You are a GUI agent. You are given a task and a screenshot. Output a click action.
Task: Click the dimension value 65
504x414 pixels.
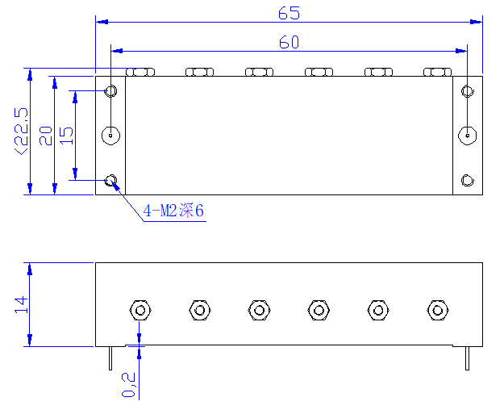289,13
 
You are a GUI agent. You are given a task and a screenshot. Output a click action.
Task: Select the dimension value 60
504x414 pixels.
289,42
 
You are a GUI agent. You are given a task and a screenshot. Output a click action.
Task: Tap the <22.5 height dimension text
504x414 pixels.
21,132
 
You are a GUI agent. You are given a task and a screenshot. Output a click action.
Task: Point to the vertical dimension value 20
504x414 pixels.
46,136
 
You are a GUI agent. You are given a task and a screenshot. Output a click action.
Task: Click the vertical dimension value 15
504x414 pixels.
67,136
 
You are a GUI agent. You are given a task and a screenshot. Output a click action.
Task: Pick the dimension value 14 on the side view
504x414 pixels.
21,305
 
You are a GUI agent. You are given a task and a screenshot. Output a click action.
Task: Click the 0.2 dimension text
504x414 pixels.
128,385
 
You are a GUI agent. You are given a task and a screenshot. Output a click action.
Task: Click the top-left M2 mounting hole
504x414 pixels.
111,91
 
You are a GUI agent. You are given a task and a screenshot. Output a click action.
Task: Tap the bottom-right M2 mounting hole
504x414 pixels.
468,180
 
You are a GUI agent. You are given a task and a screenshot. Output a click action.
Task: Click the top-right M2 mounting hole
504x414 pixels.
468,91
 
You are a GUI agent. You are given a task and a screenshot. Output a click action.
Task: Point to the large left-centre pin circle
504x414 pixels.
111,136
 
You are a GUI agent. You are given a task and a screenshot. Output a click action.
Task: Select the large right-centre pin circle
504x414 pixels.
468,136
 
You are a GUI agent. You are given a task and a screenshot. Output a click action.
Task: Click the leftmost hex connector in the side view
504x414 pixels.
140,311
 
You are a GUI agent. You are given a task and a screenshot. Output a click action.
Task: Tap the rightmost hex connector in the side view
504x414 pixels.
437,311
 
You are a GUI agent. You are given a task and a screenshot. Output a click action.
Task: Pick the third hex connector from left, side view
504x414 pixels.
259,311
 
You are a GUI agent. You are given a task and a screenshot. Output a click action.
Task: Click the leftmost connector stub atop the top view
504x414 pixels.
140,72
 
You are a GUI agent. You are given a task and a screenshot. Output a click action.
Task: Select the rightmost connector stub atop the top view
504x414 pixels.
437,72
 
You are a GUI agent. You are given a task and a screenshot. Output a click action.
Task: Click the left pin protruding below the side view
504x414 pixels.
110,358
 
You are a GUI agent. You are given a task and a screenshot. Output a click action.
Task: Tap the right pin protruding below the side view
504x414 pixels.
468,358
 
